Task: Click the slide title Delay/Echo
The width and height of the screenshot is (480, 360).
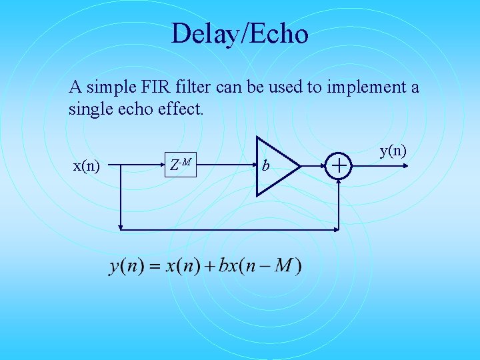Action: click(239, 33)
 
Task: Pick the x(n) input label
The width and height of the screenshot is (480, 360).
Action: click(86, 165)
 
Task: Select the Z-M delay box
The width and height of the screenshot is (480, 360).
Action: click(181, 163)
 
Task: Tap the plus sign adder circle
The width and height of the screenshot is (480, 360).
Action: click(340, 164)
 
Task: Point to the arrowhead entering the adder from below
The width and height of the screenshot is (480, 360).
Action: click(340, 181)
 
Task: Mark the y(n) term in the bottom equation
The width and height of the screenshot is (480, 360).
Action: click(127, 267)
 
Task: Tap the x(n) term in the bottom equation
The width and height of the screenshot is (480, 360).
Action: click(183, 267)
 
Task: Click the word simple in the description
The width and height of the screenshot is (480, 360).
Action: click(107, 87)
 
